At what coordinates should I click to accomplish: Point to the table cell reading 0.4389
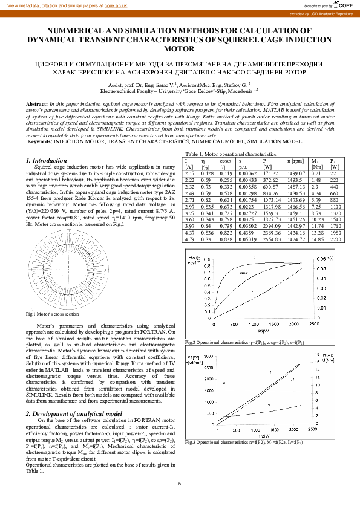[x=246, y=233]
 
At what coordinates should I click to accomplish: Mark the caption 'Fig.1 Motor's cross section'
[x=52, y=314]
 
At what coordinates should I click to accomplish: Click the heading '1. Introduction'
[x=46, y=160]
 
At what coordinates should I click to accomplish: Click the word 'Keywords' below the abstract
[x=39, y=141]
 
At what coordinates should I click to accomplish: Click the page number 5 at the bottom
[x=180, y=484]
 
